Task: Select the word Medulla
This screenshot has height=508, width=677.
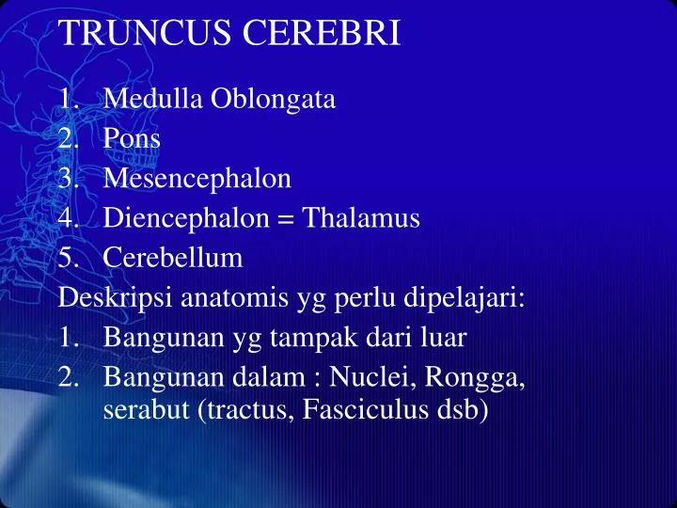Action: point(144,99)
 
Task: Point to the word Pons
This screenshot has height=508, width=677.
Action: point(132,138)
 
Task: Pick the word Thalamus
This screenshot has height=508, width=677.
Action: point(364,218)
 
